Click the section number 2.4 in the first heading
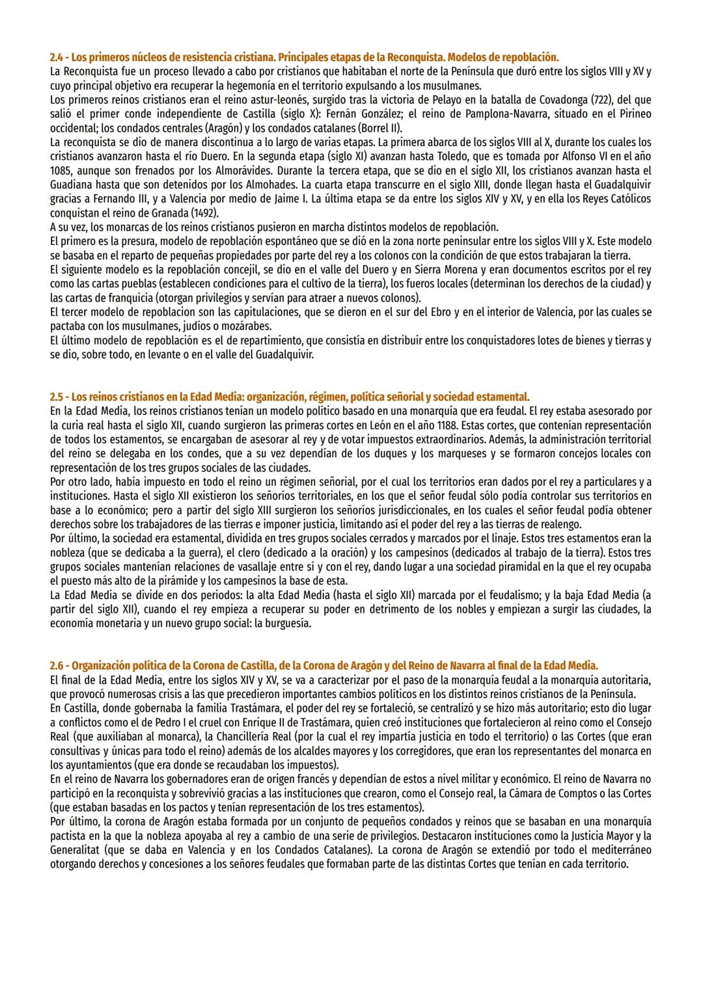57,57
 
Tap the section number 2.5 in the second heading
57,397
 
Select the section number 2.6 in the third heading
57,666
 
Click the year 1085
62,171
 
